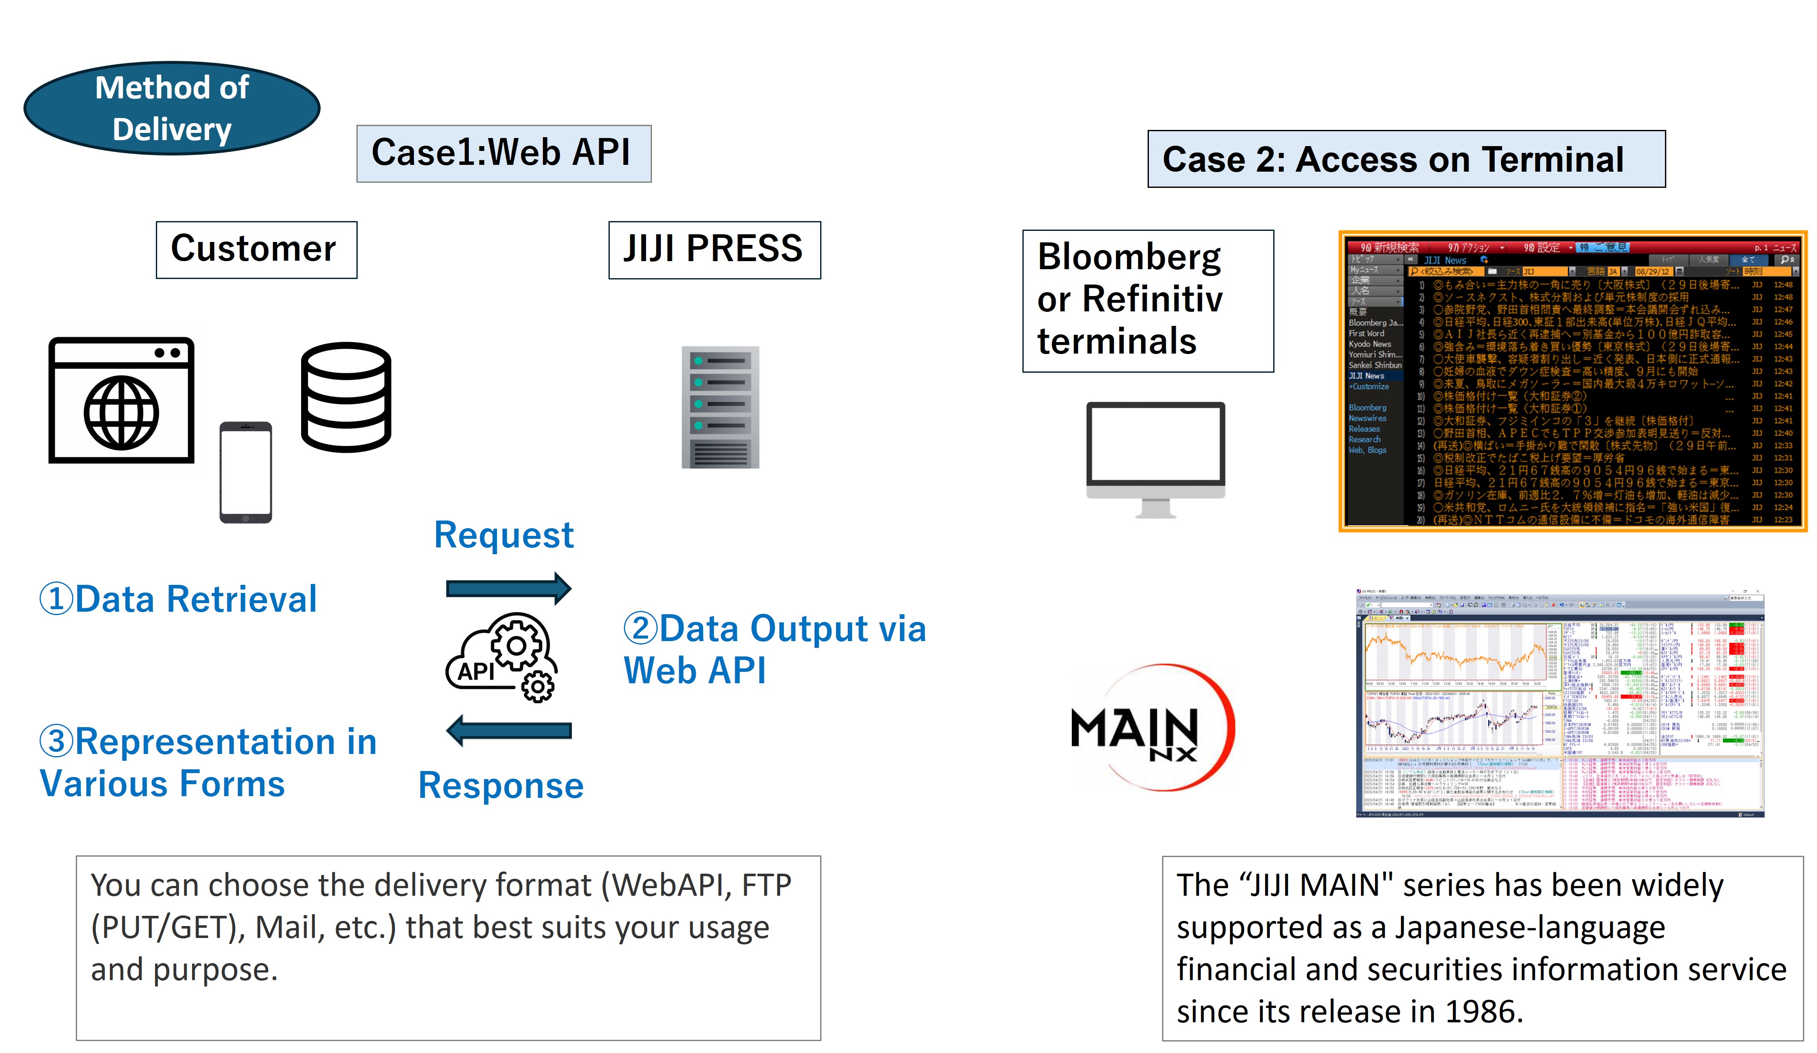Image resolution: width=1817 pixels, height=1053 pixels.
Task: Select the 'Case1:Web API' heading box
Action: (x=503, y=154)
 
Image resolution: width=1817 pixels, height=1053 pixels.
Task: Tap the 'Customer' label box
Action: (x=256, y=250)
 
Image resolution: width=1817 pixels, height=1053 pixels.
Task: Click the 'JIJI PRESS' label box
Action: (x=714, y=250)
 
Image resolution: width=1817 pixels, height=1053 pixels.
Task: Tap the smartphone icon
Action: (x=245, y=472)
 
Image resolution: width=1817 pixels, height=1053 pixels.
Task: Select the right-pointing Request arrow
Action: (x=508, y=589)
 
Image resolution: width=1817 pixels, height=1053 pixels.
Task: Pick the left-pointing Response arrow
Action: (x=508, y=731)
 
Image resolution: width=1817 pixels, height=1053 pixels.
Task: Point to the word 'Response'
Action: (x=501, y=785)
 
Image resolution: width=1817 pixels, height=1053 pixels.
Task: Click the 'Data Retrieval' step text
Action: (x=179, y=599)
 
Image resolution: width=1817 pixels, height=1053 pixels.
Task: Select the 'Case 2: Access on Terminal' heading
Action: (x=1406, y=159)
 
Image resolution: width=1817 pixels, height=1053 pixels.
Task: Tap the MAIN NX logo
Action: (x=1146, y=728)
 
